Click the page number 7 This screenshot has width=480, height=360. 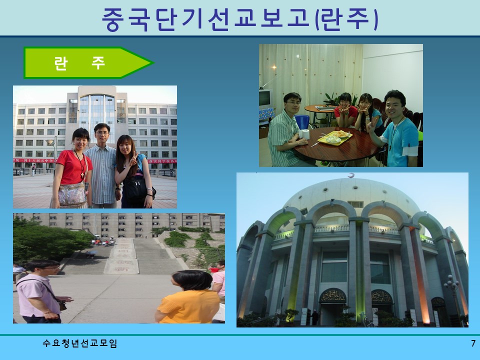473,343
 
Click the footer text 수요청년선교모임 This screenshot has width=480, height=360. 80,343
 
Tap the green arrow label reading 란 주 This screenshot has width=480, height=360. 80,63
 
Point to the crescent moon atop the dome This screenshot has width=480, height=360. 350,174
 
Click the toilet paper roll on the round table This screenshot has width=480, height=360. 304,134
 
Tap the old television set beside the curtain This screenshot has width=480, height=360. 264,98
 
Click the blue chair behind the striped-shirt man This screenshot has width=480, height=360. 302,121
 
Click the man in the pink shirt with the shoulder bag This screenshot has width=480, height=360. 39,292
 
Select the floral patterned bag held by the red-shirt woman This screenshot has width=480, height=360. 73,194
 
